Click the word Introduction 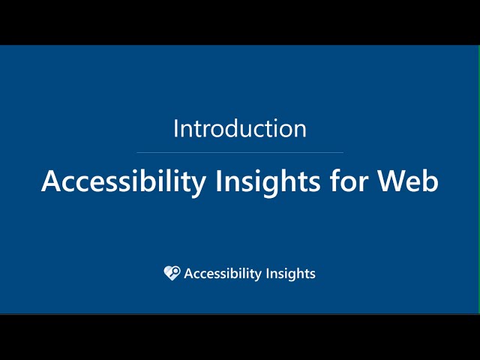pyautogui.click(x=240, y=128)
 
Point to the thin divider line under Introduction pyautogui.click(x=240, y=152)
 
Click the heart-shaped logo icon pyautogui.click(x=172, y=273)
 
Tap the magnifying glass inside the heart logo pyautogui.click(x=174, y=271)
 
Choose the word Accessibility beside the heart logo pyautogui.click(x=224, y=274)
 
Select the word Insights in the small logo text pyautogui.click(x=291, y=274)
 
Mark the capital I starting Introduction pyautogui.click(x=176, y=128)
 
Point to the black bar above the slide pyautogui.click(x=240, y=22)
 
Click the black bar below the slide pyautogui.click(x=240, y=337)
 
